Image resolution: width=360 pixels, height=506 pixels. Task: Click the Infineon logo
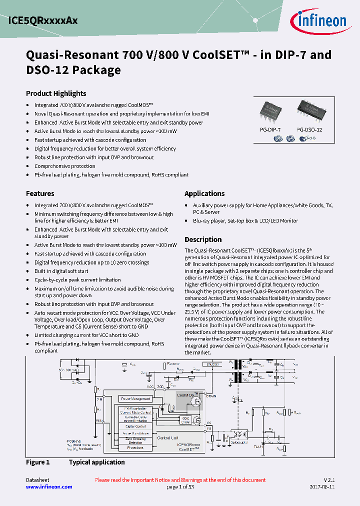pyautogui.click(x=318, y=20)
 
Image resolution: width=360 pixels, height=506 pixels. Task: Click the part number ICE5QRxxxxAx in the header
pyautogui.click(x=43, y=21)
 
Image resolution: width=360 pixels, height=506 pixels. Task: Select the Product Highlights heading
pyautogui.click(x=56, y=93)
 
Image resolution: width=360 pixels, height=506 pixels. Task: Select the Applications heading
pyautogui.click(x=204, y=193)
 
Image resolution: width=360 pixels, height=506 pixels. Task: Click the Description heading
pyautogui.click(x=203, y=239)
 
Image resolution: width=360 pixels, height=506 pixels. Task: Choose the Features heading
pyautogui.click(x=40, y=193)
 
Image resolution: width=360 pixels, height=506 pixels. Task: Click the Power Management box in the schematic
pyautogui.click(x=135, y=398)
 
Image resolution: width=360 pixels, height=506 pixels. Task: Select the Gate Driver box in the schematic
pyautogui.click(x=186, y=420)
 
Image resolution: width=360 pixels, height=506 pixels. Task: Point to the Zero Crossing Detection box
pyautogui.click(x=135, y=440)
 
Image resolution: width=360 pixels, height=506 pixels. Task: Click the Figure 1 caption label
pyautogui.click(x=38, y=462)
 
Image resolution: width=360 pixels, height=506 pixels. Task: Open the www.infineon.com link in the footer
pyautogui.click(x=49, y=486)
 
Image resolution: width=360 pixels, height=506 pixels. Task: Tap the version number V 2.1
pyautogui.click(x=328, y=480)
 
